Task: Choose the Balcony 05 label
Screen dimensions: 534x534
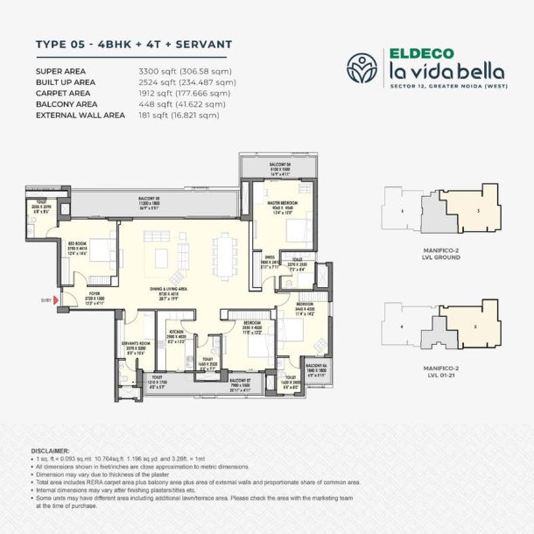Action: (154, 200)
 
